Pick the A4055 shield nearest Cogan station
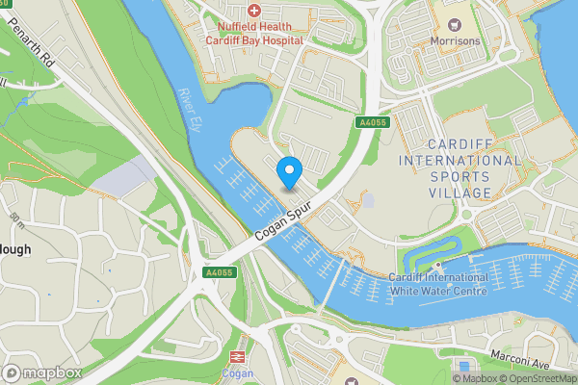point(221,273)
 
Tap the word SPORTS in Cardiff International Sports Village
point(459,177)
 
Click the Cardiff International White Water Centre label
point(439,283)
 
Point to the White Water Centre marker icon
point(438,266)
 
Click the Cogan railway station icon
point(238,355)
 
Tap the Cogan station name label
point(238,373)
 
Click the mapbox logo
point(42,372)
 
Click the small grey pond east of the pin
point(368,201)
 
